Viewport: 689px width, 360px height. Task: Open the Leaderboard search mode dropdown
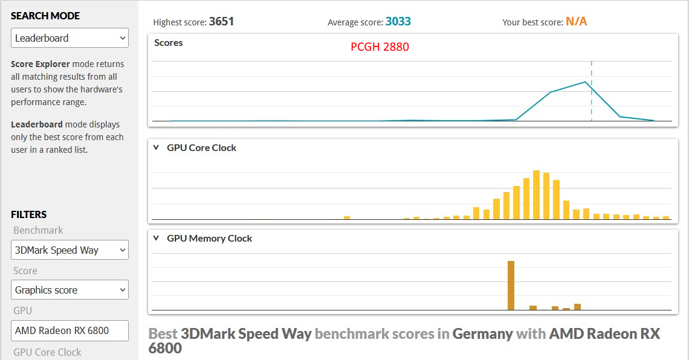pyautogui.click(x=70, y=38)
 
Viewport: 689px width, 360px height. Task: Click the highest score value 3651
pyautogui.click(x=221, y=22)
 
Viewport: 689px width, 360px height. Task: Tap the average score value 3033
pyautogui.click(x=398, y=22)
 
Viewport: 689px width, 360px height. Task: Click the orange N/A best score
pyautogui.click(x=576, y=22)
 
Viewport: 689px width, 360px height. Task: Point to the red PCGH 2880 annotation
pyautogui.click(x=380, y=47)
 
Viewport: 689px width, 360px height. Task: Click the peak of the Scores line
pyautogui.click(x=585, y=82)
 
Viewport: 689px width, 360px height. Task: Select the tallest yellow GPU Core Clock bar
pyautogui.click(x=536, y=194)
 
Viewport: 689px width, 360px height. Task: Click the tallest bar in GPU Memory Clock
pyautogui.click(x=511, y=285)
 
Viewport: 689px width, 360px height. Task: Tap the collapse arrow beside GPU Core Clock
pyautogui.click(x=156, y=147)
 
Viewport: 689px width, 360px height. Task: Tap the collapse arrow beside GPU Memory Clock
pyautogui.click(x=156, y=238)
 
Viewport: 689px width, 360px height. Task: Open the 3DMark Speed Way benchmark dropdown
pyautogui.click(x=70, y=250)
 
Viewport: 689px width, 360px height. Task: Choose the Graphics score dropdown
pyautogui.click(x=70, y=290)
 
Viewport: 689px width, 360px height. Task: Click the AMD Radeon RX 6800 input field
pyautogui.click(x=70, y=330)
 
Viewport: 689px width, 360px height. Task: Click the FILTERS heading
pyautogui.click(x=28, y=214)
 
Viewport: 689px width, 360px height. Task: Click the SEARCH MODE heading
pyautogui.click(x=45, y=16)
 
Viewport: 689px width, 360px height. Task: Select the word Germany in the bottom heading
pyautogui.click(x=482, y=333)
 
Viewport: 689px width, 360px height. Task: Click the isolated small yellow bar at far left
pyautogui.click(x=347, y=217)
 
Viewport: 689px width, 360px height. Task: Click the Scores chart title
pyautogui.click(x=169, y=43)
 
